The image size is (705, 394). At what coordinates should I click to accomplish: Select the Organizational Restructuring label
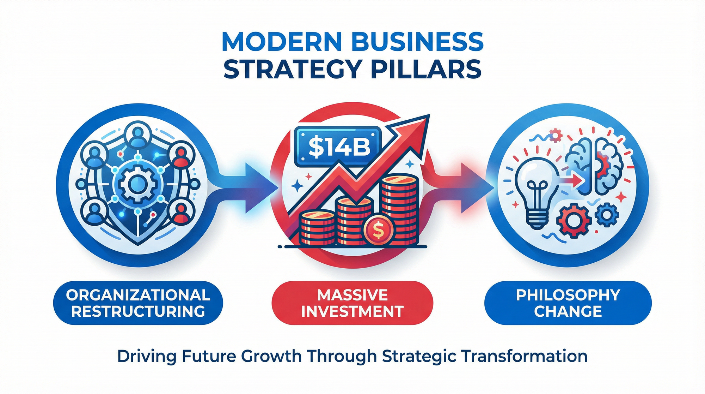tap(138, 303)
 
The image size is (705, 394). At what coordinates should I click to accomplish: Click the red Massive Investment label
tap(352, 303)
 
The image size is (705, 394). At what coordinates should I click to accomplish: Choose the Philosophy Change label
tap(568, 303)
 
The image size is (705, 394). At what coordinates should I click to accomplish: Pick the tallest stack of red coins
tap(400, 210)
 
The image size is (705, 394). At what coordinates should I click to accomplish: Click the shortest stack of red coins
tap(317, 227)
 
